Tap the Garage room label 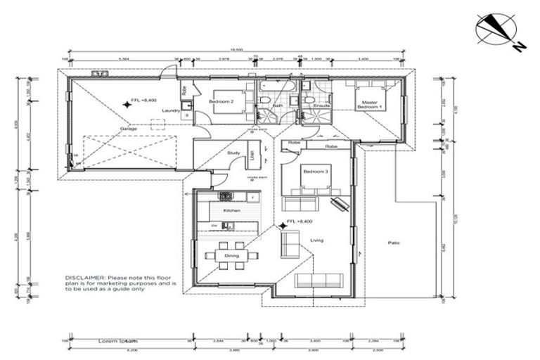coord(127,129)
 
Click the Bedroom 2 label coord(221,101)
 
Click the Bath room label coord(277,105)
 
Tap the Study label coord(233,153)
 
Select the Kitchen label coord(232,210)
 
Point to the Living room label coord(316,241)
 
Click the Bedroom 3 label coord(316,172)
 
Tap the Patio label coord(394,243)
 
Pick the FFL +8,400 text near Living coord(299,222)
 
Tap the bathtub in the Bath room coord(278,86)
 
